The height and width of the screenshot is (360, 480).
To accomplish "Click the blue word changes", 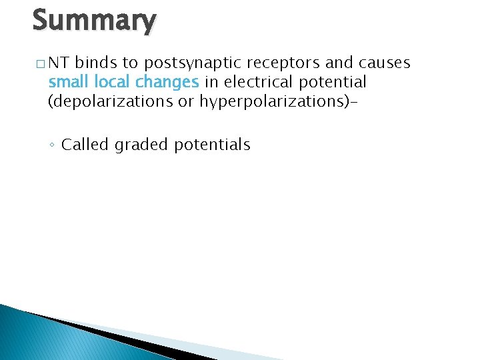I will pos(167,82).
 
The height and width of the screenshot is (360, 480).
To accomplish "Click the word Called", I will pos(85,145).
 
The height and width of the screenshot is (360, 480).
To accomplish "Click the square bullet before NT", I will pos(41,64).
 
